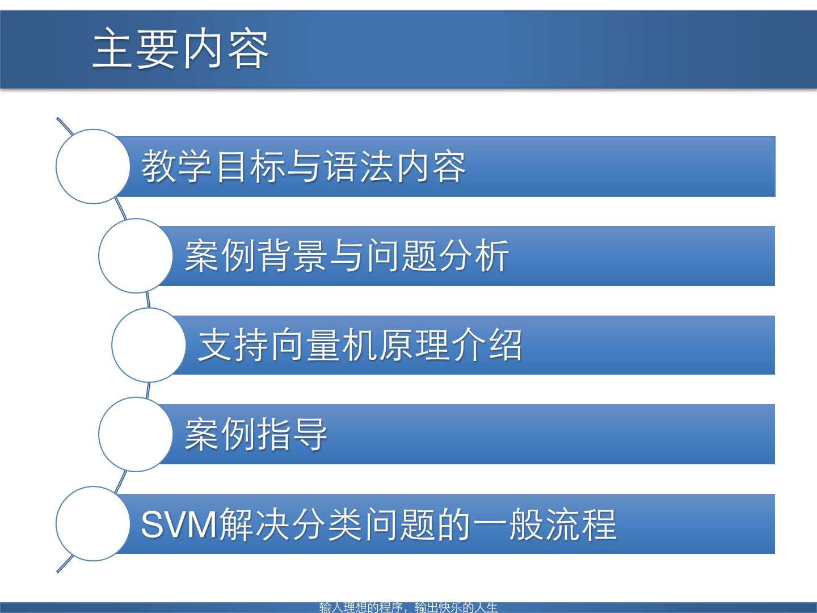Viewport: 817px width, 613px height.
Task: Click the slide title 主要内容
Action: click(x=180, y=48)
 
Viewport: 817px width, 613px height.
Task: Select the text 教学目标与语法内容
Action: click(x=304, y=166)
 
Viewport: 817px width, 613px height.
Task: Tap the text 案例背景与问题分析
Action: click(x=347, y=255)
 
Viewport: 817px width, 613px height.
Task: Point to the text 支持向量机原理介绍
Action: click(x=360, y=345)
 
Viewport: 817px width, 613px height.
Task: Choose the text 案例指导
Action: click(x=256, y=434)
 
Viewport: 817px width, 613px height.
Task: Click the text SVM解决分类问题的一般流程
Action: click(x=379, y=524)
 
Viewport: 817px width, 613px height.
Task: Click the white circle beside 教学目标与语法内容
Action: click(x=93, y=166)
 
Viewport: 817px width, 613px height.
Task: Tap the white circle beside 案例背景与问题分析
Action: click(x=136, y=255)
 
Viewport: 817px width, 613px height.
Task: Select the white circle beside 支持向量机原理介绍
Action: click(x=149, y=345)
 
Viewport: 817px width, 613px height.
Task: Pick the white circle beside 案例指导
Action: click(x=136, y=434)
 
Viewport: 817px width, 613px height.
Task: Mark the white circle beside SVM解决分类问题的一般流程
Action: click(x=93, y=524)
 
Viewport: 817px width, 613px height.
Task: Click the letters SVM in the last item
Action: click(x=179, y=524)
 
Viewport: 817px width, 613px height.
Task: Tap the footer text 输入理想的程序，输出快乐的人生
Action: click(x=408, y=607)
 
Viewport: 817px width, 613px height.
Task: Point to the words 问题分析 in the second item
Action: click(x=437, y=255)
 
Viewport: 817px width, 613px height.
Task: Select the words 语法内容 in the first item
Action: click(x=394, y=166)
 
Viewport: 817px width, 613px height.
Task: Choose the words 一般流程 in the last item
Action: click(x=545, y=524)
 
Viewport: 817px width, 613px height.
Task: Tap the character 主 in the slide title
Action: click(x=113, y=48)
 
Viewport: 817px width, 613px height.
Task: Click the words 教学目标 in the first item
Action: click(x=213, y=166)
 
